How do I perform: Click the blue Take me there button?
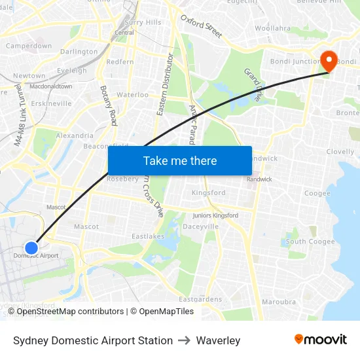(x=180, y=160)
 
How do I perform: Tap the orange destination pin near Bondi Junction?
(x=327, y=62)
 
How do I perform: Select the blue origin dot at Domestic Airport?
(x=31, y=247)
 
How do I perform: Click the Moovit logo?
(x=321, y=340)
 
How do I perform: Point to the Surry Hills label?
(x=143, y=22)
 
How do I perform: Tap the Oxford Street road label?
(x=202, y=26)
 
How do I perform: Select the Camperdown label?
(x=29, y=46)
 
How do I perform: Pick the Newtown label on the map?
(x=29, y=76)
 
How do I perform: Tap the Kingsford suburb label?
(x=208, y=193)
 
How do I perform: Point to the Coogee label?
(x=317, y=193)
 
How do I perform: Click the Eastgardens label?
(x=200, y=299)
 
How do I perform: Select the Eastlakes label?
(x=148, y=236)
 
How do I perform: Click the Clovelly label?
(x=340, y=151)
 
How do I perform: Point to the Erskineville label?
(x=51, y=103)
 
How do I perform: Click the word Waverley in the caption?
(x=218, y=340)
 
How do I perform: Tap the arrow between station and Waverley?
(x=185, y=340)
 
